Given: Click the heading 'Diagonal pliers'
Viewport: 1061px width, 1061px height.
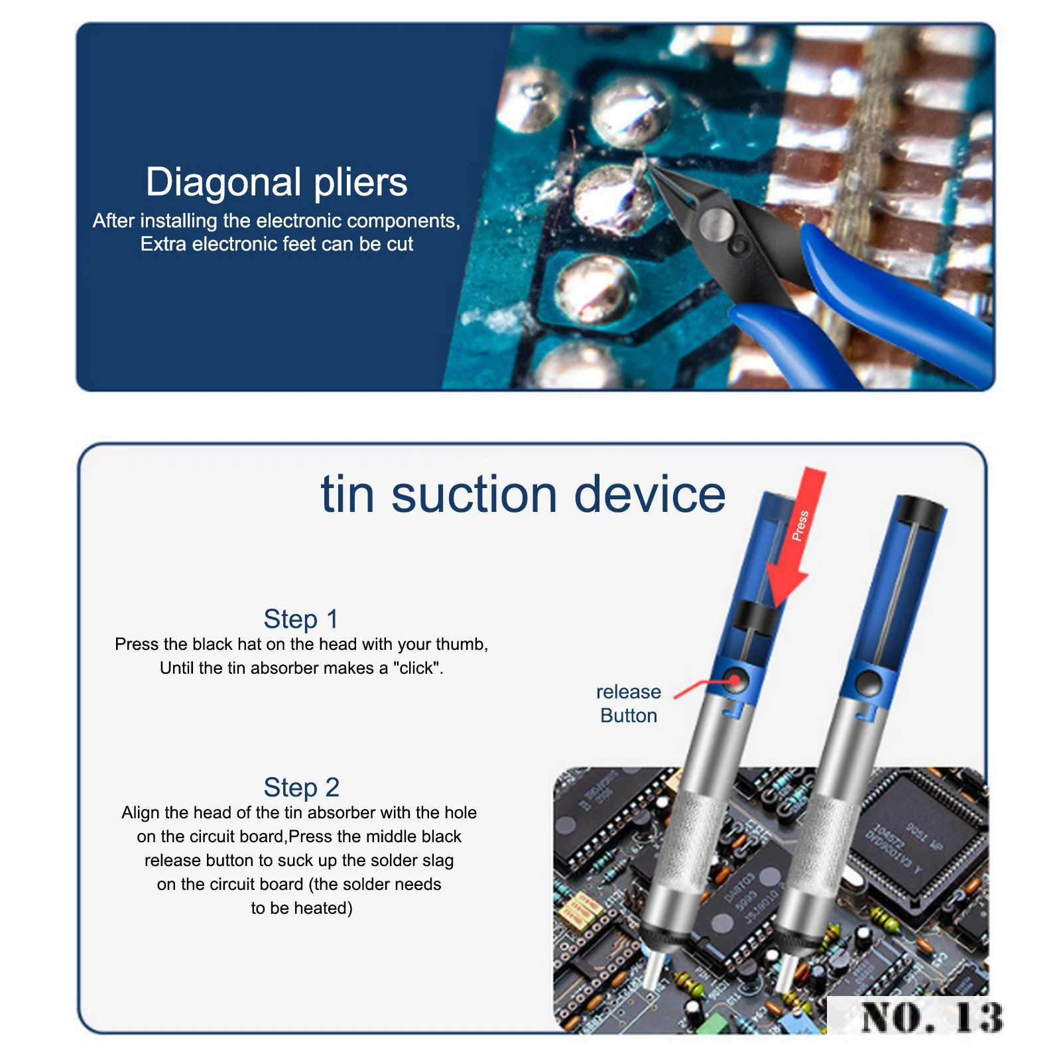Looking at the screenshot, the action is click(276, 182).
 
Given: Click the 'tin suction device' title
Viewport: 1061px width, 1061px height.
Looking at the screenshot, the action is click(523, 494).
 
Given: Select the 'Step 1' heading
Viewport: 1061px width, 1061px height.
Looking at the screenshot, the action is click(301, 619).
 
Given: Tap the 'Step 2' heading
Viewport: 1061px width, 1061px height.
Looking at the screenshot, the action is click(302, 787).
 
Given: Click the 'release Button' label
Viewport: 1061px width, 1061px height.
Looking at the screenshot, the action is click(629, 704).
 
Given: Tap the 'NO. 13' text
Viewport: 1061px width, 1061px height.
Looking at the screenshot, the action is click(932, 1018).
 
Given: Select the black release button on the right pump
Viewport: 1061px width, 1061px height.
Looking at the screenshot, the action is click(867, 682).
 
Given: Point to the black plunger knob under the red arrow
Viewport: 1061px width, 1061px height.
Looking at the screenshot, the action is click(756, 619).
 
